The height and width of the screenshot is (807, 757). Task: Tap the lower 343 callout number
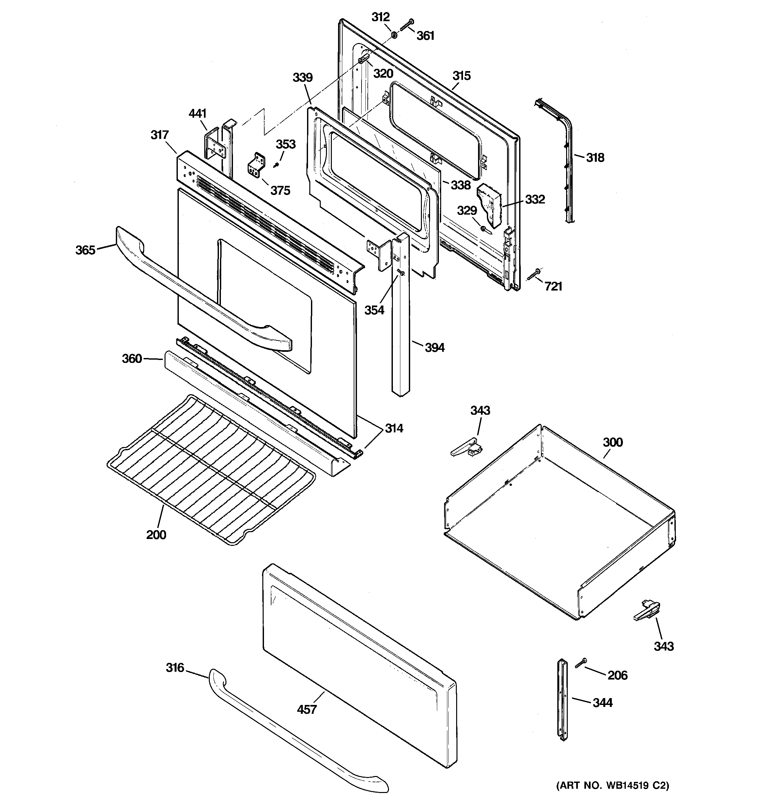[x=664, y=646]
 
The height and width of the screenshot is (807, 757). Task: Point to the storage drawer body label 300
[x=613, y=442]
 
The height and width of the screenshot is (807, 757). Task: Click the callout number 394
[x=434, y=348]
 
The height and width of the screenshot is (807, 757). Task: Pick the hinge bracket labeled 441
[x=214, y=146]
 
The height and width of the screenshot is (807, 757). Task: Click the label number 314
[x=394, y=428]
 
